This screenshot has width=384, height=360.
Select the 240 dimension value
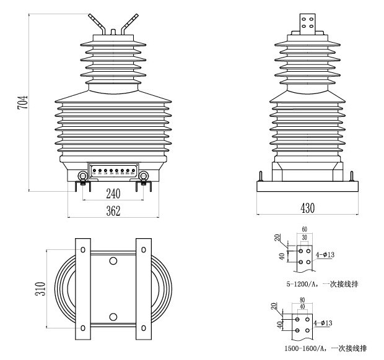(113, 193)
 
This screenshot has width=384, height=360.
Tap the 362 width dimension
(113, 211)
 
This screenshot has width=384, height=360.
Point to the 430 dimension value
(307, 208)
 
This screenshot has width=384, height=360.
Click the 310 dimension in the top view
(40, 289)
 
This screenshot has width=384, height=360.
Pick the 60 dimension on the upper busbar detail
(304, 229)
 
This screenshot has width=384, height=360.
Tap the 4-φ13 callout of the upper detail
(327, 254)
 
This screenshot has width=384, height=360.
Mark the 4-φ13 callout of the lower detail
(327, 322)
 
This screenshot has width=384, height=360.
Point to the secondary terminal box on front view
(113, 171)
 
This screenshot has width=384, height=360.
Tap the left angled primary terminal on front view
(96, 24)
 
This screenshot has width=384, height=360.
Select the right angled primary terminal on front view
(128, 24)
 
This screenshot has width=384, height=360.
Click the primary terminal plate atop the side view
(307, 24)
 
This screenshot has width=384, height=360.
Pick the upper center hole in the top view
(113, 262)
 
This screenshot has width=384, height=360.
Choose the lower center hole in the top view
(113, 317)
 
